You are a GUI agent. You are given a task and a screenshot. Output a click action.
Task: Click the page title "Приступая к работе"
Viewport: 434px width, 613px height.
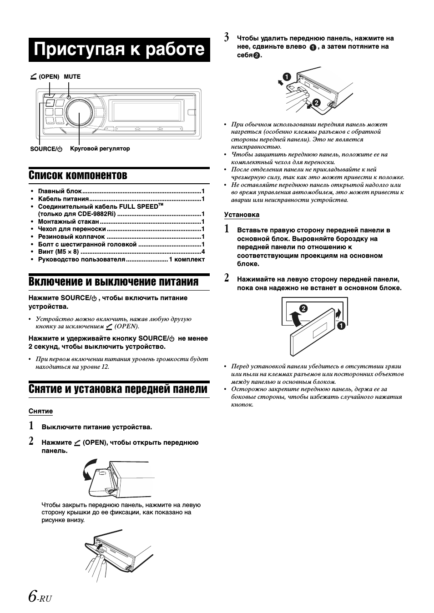119,49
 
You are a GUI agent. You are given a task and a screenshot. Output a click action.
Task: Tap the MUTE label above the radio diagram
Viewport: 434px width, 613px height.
72,76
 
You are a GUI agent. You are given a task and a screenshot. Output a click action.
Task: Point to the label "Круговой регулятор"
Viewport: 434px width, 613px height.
100,149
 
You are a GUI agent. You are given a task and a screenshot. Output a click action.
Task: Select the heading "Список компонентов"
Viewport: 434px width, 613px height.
78,175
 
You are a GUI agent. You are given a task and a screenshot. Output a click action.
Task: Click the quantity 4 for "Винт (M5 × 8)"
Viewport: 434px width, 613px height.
203,251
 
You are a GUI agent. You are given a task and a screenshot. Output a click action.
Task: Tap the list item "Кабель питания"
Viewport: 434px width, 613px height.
63,199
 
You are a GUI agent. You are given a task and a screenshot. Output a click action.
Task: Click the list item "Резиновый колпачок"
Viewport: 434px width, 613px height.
71,236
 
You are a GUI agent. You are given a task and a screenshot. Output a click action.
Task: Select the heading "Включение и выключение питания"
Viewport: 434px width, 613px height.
113,282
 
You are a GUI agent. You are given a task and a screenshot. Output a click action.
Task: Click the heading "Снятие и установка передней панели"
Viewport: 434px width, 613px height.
118,389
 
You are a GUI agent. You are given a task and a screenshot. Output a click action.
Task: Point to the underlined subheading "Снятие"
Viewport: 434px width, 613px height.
40,411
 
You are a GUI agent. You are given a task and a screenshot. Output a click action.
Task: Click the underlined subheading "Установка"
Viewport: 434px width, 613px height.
242,215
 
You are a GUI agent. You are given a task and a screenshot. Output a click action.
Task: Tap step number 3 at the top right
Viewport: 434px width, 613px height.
226,38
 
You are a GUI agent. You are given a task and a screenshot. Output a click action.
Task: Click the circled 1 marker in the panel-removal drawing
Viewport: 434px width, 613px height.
287,76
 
